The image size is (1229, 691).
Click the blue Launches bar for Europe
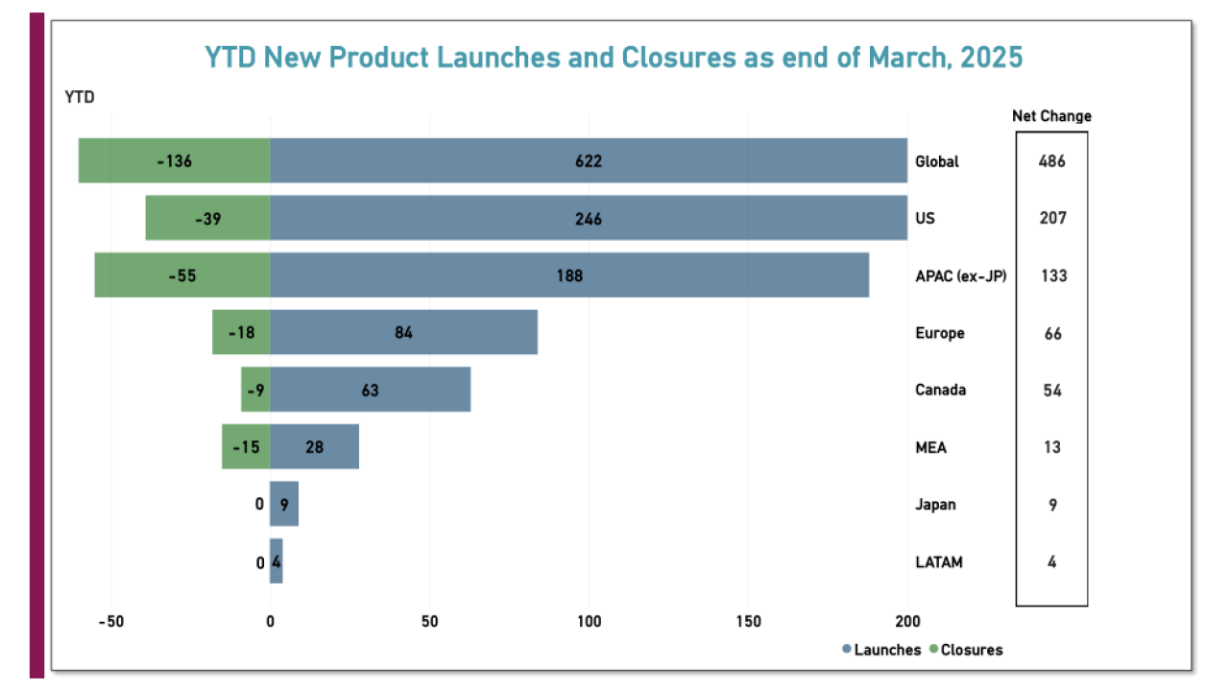[403, 333]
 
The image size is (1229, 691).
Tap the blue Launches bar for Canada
[370, 390]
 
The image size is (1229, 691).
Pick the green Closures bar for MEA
[246, 447]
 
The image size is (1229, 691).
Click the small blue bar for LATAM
[277, 561]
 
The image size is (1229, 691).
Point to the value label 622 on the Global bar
[589, 161]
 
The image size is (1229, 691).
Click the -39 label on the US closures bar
[207, 219]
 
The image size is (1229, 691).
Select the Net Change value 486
[1051, 161]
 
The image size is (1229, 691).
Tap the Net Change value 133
[1051, 275]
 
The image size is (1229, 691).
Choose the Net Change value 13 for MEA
[1051, 447]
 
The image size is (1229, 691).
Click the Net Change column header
[1051, 116]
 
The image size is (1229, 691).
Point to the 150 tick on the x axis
[749, 621]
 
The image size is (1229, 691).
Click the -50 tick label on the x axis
[110, 621]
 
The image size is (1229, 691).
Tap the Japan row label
[935, 505]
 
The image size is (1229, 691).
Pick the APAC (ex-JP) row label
[960, 275]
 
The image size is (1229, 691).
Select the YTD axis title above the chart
[80, 97]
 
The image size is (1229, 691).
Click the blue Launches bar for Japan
[284, 505]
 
